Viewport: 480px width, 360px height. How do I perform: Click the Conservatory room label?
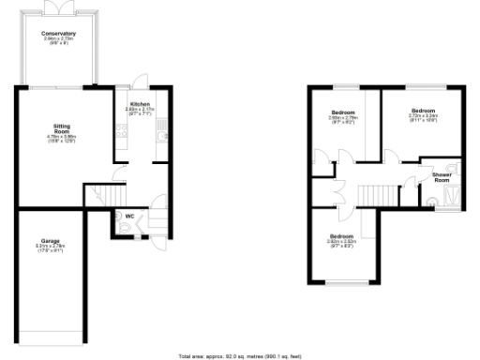pos(58,34)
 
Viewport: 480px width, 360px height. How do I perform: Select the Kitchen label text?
pos(140,104)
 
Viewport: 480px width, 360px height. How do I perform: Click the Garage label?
pos(49,241)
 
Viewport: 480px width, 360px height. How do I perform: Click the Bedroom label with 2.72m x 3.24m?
pos(424,111)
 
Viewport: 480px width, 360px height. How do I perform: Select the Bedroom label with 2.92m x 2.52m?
pos(340,236)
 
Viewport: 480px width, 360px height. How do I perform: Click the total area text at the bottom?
pos(239,355)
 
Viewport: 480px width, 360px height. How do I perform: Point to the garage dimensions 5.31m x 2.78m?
pos(49,248)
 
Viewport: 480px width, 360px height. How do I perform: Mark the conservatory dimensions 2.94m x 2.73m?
pos(58,41)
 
